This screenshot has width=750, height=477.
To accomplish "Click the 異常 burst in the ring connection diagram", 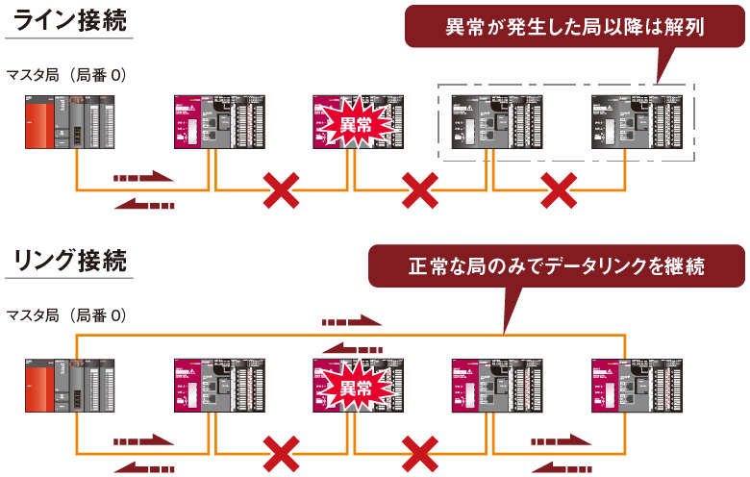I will click(x=355, y=388).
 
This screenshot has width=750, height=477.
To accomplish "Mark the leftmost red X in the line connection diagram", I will click(x=281, y=192).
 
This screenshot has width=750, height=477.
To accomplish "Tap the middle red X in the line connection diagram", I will click(x=420, y=192).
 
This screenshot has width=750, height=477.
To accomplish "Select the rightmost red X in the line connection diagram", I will click(x=559, y=192).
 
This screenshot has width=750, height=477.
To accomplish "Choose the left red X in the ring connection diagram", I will click(x=281, y=452).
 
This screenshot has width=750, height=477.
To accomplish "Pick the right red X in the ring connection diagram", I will click(x=420, y=452).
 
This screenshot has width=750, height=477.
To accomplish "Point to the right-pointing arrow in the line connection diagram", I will click(x=143, y=178).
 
